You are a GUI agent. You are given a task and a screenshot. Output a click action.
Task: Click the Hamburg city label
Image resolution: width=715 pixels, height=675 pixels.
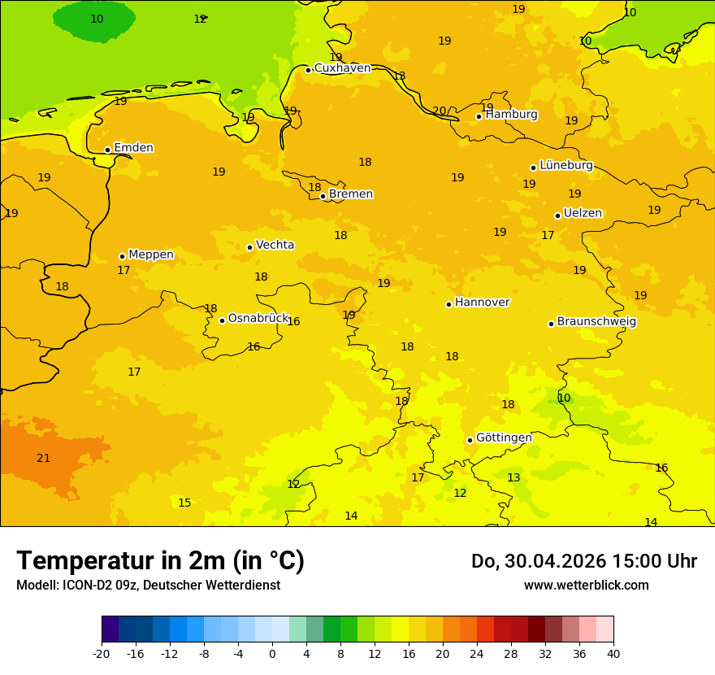pyautogui.click(x=511, y=115)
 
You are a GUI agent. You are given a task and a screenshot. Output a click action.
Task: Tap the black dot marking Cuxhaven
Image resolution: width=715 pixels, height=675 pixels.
pyautogui.click(x=308, y=70)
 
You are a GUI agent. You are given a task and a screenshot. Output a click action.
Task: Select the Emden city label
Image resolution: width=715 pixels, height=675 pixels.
pyautogui.click(x=133, y=148)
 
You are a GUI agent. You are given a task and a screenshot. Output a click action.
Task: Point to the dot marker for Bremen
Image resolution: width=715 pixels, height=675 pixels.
pyautogui.click(x=323, y=196)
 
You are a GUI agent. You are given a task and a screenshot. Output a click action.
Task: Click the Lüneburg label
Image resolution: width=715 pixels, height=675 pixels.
pyautogui.click(x=565, y=165)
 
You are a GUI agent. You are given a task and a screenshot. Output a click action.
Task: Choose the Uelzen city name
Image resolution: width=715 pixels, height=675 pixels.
pyautogui.click(x=583, y=214)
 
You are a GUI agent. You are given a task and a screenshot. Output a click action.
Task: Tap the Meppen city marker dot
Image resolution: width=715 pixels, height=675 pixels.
pyautogui.click(x=122, y=256)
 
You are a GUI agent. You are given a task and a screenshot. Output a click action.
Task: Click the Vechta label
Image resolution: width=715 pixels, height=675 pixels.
pyautogui.click(x=275, y=245)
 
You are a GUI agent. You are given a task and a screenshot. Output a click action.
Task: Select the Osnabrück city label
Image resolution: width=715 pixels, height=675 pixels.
pyautogui.click(x=258, y=318)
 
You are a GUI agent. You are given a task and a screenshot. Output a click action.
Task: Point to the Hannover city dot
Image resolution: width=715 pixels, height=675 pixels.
pyautogui.click(x=448, y=304)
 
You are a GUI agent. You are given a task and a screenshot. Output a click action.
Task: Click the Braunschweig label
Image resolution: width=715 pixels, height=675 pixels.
pyautogui.click(x=596, y=322)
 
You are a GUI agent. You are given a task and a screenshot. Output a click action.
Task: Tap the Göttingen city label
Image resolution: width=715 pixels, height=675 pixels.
pyautogui.click(x=504, y=438)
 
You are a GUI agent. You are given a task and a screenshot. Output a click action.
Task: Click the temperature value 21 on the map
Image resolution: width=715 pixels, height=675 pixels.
pyautogui.click(x=44, y=459)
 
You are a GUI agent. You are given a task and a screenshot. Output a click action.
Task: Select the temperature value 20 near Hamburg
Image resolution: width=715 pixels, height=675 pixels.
pyautogui.click(x=440, y=111)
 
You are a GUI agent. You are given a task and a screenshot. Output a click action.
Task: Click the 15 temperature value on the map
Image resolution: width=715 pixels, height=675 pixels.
pyautogui.click(x=185, y=503)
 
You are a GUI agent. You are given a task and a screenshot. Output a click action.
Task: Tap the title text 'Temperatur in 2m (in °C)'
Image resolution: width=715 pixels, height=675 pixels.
pyautogui.click(x=160, y=560)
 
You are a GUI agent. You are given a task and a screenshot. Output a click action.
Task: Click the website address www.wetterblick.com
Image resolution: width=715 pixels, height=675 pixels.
pyautogui.click(x=586, y=586)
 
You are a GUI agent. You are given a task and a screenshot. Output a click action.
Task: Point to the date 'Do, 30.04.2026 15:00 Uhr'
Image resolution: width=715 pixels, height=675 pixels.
pyautogui.click(x=583, y=561)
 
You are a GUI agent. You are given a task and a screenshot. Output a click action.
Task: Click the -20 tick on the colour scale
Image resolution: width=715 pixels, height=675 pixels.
pyautogui.click(x=102, y=654)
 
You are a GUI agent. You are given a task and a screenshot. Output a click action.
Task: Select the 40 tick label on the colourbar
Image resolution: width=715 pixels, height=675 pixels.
pyautogui.click(x=613, y=654)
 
